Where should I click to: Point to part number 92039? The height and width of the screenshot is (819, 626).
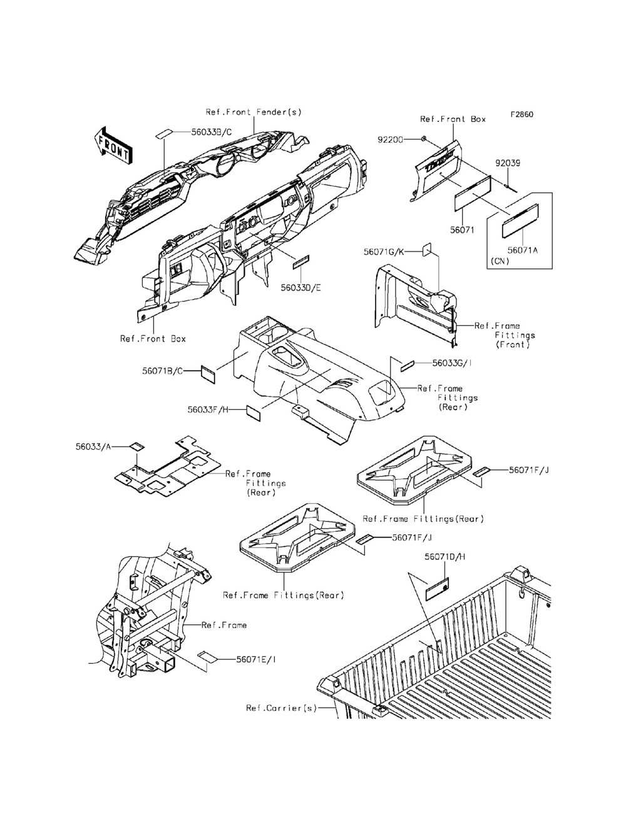click(x=508, y=163)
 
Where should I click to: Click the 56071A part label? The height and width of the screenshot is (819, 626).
click(x=523, y=249)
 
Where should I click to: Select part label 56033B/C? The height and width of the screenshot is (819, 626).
click(x=194, y=132)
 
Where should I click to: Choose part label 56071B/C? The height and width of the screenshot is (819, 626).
click(x=163, y=371)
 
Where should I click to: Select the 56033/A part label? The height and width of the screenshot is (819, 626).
click(x=93, y=447)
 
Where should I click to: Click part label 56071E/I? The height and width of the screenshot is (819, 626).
click(x=258, y=659)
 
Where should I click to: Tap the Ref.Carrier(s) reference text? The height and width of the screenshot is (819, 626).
click(x=281, y=708)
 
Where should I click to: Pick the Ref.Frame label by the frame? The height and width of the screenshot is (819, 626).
click(x=224, y=625)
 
